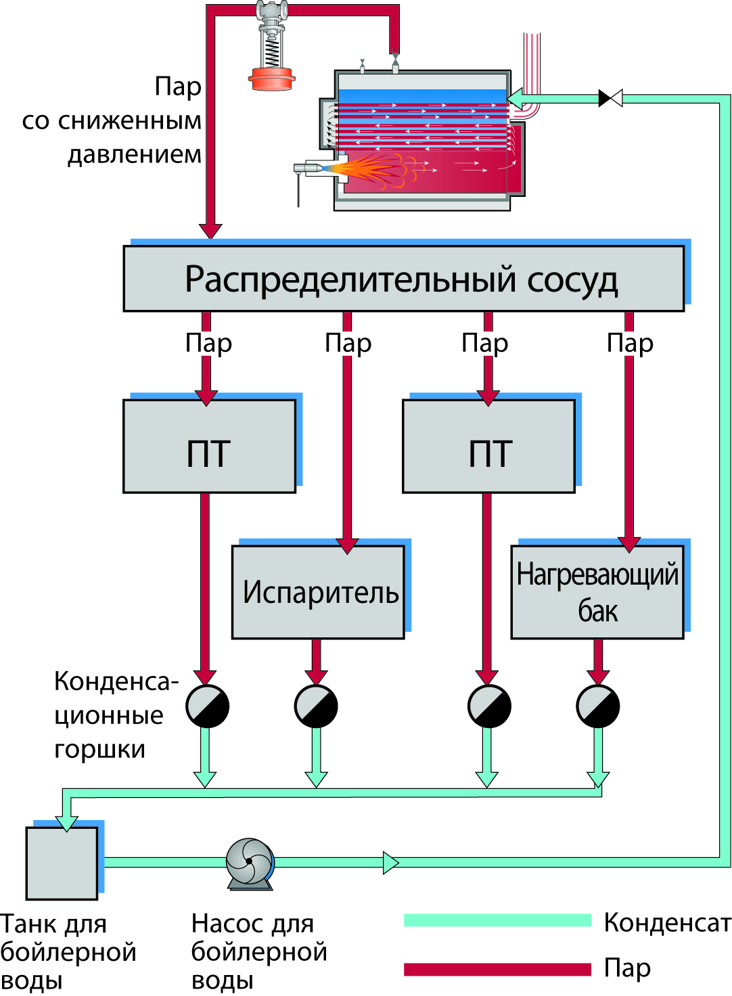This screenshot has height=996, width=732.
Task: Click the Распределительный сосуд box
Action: [x=403, y=279]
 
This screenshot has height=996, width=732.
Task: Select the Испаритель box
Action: [x=318, y=592]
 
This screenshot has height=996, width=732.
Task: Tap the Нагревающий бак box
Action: [x=597, y=592]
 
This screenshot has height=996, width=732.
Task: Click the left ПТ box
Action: [x=209, y=447]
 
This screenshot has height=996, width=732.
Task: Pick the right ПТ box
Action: [x=488, y=447]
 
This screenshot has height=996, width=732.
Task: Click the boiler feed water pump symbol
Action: [x=250, y=862]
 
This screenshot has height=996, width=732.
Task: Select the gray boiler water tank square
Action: [x=62, y=863]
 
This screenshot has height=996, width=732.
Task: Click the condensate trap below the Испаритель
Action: [x=316, y=706]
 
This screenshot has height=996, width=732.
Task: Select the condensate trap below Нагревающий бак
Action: [x=598, y=706]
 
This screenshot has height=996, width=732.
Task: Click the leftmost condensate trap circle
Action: [x=207, y=706]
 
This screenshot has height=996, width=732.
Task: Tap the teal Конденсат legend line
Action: [x=497, y=920]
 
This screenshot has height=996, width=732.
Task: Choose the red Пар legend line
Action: [x=497, y=969]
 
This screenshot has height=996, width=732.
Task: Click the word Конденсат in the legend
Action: [x=667, y=922]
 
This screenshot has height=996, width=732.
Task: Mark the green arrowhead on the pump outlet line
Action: [x=390, y=863]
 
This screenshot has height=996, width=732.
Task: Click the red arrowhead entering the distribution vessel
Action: [x=210, y=230]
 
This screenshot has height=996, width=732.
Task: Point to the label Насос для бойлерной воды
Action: [x=258, y=951]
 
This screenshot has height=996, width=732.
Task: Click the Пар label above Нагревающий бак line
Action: [x=630, y=343]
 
